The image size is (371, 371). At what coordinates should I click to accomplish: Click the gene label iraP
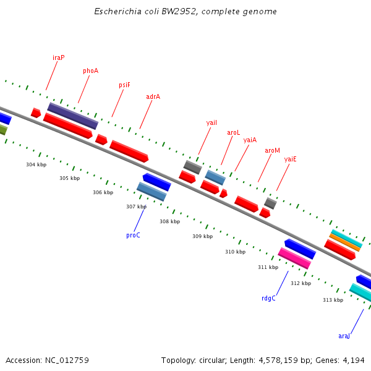(59, 58)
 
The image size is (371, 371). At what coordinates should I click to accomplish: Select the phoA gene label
(90, 70)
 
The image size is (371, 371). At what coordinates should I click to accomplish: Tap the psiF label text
(124, 85)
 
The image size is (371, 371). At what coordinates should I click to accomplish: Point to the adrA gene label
(153, 96)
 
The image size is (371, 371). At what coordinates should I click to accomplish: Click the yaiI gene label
(211, 122)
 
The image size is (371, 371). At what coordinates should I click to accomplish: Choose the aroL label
(233, 132)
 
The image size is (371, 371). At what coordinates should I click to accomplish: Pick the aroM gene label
(272, 150)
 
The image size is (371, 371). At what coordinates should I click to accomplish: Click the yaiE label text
(290, 159)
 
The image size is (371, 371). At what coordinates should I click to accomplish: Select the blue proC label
(133, 235)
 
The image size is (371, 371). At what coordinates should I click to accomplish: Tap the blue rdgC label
(268, 298)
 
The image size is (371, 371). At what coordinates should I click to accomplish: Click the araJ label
(344, 336)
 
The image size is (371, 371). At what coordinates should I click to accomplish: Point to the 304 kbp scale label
(36, 165)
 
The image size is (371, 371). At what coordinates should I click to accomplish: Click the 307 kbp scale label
(136, 207)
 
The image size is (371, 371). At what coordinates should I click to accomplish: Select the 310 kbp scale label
(235, 252)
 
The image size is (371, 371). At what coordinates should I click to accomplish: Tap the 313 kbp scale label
(333, 300)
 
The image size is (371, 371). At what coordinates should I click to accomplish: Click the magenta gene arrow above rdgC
(294, 258)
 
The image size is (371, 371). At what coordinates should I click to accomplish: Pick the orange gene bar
(344, 242)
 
